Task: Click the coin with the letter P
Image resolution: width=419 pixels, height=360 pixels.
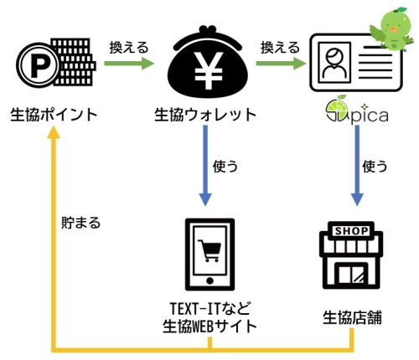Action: pyautogui.click(x=38, y=65)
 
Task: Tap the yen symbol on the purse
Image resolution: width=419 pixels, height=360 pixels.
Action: pyautogui.click(x=209, y=70)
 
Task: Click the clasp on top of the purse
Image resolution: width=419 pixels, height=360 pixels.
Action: pyautogui.click(x=207, y=30)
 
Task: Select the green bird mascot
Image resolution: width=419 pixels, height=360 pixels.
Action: pyautogui.click(x=393, y=29)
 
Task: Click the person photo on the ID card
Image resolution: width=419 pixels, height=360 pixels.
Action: pyautogui.click(x=334, y=63)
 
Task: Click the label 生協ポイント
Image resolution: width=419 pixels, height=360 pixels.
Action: pyautogui.click(x=54, y=115)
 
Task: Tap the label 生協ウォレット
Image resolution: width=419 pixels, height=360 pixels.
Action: pyautogui.click(x=205, y=115)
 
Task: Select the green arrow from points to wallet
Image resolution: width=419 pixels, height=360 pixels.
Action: pyautogui.click(x=129, y=64)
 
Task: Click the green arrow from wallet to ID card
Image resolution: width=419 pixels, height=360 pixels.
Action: pyautogui.click(x=281, y=64)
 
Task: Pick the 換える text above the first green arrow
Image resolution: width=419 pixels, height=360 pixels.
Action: pyautogui.click(x=129, y=48)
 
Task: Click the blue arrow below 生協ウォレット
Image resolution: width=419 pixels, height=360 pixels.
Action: pyautogui.click(x=205, y=166)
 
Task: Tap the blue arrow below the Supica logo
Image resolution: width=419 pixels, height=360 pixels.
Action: pyautogui.click(x=357, y=166)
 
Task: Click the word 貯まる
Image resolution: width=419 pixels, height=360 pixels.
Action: pyautogui.click(x=80, y=223)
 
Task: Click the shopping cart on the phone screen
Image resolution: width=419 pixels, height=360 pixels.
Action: pyautogui.click(x=209, y=250)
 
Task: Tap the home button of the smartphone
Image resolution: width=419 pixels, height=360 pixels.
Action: pyautogui.click(x=209, y=280)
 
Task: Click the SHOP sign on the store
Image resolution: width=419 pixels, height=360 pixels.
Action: pyautogui.click(x=352, y=231)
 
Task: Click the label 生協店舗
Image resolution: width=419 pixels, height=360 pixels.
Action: pyautogui.click(x=352, y=318)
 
